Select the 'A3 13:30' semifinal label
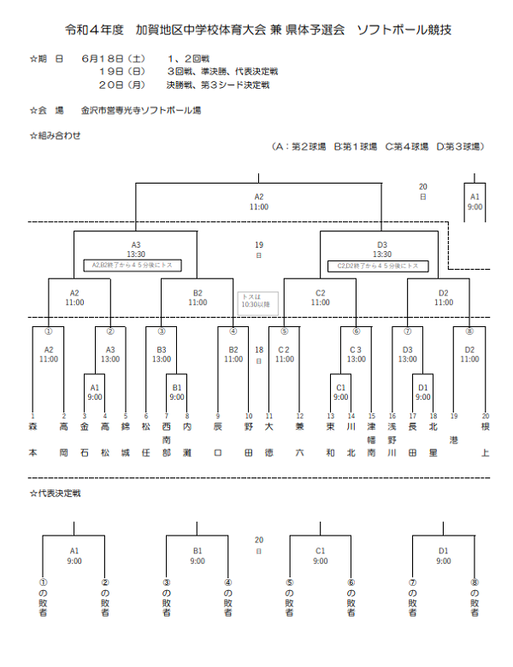pos(136,249)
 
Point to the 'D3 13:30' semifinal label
pos(382,249)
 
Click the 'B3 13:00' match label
pos(162,354)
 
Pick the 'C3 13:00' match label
pos(357,354)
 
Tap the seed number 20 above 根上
pos(486,416)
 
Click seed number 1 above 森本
pos(32,416)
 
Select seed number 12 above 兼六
pos(299,416)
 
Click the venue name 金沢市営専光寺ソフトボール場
pos(141,110)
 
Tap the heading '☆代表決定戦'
pos(56,494)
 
